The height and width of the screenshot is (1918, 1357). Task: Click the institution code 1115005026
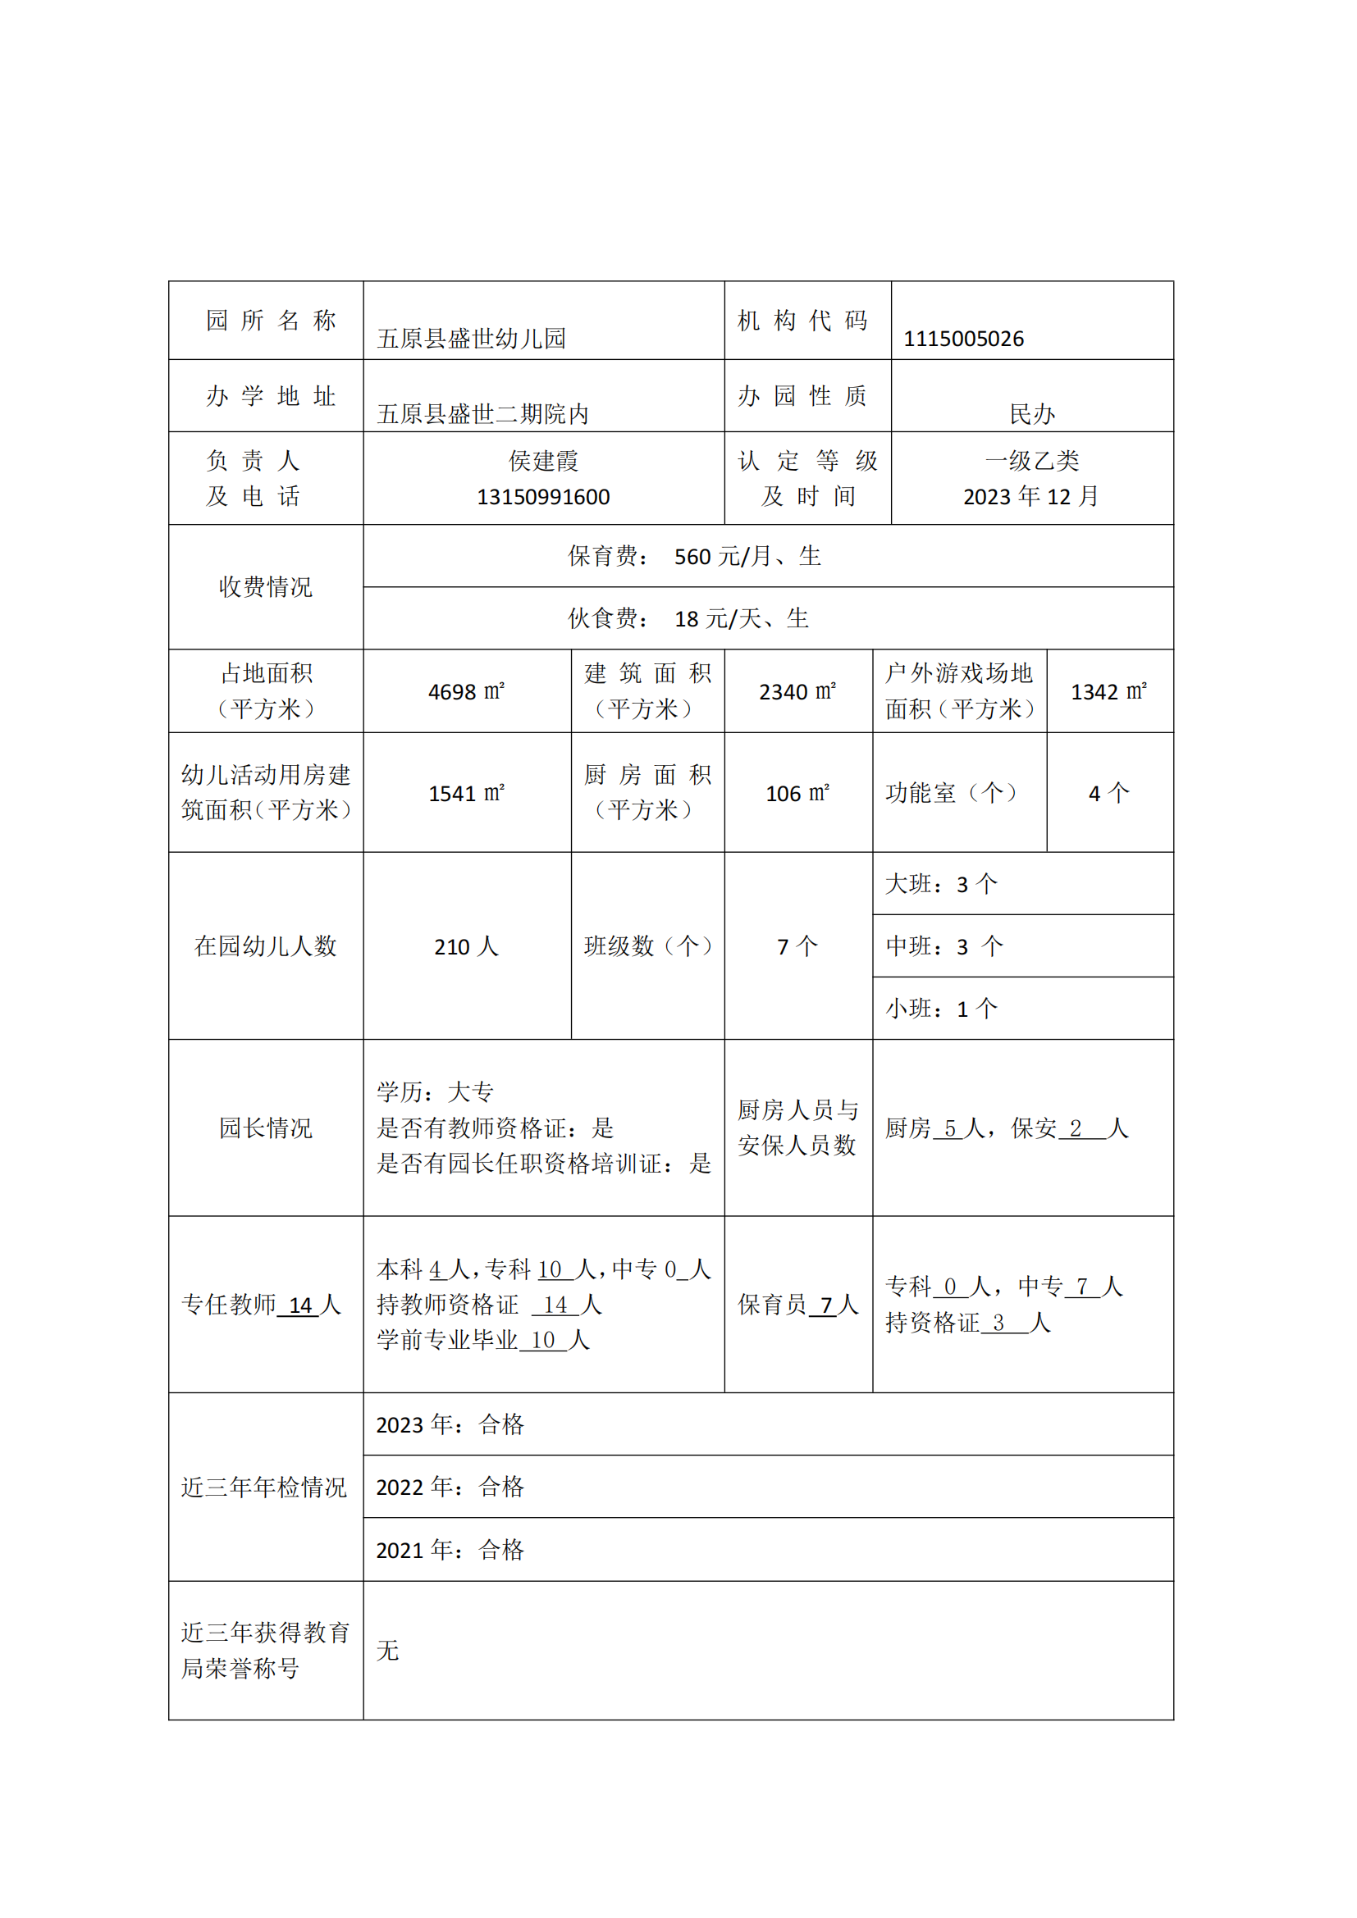tap(962, 339)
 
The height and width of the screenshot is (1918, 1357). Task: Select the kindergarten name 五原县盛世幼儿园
tap(471, 339)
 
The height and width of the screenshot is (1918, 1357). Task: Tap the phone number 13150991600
tap(543, 497)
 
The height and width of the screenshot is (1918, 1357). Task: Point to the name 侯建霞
tap(543, 460)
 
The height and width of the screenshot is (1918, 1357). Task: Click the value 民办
tap(1032, 413)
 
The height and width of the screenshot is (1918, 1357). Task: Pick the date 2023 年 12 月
tap(1031, 497)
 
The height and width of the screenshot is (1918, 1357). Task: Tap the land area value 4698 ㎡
tap(466, 692)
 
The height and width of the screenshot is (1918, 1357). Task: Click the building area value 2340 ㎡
tap(797, 692)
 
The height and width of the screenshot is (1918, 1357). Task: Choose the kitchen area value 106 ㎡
tap(797, 793)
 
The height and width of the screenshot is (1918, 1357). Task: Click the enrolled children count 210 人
tap(466, 946)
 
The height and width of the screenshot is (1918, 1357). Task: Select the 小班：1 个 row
tap(942, 1009)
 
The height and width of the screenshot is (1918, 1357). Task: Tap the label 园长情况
tap(266, 1128)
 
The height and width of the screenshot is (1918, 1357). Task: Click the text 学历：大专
tap(435, 1091)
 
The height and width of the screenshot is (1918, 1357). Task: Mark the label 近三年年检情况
tap(264, 1487)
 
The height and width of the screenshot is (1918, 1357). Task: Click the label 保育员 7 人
tap(797, 1305)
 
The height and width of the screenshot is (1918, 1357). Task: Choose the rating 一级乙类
tap(1032, 460)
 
